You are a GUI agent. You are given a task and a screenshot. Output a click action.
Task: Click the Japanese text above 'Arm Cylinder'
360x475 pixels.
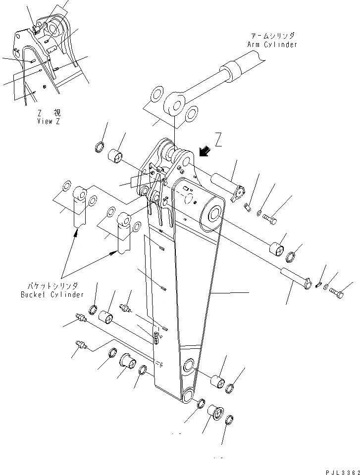pyautogui.click(x=272, y=36)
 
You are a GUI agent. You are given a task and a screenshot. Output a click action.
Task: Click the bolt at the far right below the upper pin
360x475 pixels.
pyautogui.click(x=271, y=217)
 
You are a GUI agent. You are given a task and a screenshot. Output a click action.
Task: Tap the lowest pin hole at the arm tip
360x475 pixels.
pyautogui.click(x=189, y=395)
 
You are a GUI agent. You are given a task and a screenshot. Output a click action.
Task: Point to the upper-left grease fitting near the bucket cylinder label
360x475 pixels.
pyautogui.click(x=80, y=318)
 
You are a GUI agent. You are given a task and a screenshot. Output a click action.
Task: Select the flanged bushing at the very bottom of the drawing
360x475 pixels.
pyautogui.click(x=214, y=412)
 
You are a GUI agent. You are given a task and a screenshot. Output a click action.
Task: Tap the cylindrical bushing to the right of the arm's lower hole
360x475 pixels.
pyautogui.click(x=217, y=381)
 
